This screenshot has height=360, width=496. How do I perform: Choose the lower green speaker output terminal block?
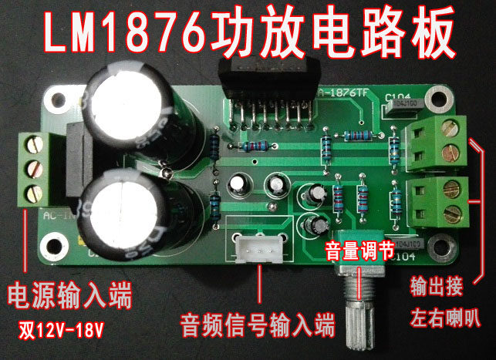coord(437,198)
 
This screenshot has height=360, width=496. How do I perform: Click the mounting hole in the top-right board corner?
coord(438,99)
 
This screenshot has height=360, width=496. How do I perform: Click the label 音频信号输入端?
coord(258,323)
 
